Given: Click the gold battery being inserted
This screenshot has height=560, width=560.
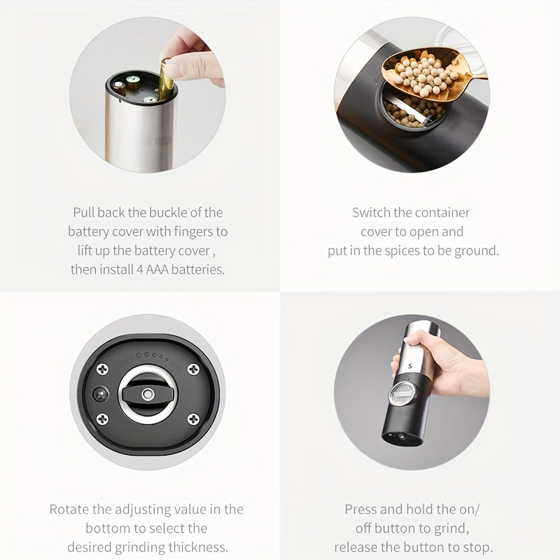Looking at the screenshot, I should click(167, 79).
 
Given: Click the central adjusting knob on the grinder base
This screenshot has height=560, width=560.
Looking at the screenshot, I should click(148, 393).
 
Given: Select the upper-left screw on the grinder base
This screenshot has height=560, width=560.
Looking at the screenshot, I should click(102, 369).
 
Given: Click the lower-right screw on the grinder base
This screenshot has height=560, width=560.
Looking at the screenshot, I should click(192, 419).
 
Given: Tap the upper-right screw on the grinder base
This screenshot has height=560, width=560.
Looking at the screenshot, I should click(192, 369).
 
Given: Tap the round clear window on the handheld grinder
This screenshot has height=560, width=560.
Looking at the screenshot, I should click(402, 393).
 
